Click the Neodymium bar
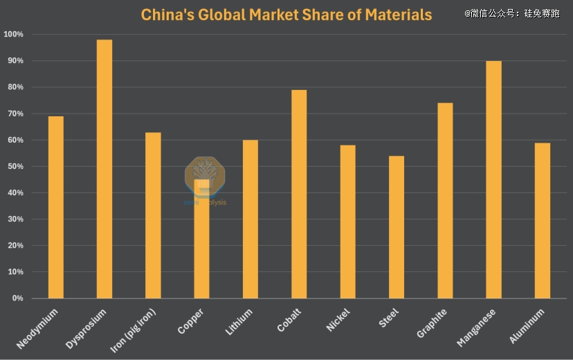55,208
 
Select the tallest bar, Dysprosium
104,170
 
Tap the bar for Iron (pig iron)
153,215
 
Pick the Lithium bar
251,219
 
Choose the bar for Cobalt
299,194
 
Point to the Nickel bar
347,222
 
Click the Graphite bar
445,201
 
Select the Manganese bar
494,180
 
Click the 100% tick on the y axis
13,35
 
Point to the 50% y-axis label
15,167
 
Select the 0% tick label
17,298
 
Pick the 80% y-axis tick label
15,87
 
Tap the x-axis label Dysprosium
89,330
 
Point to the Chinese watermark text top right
512,13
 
